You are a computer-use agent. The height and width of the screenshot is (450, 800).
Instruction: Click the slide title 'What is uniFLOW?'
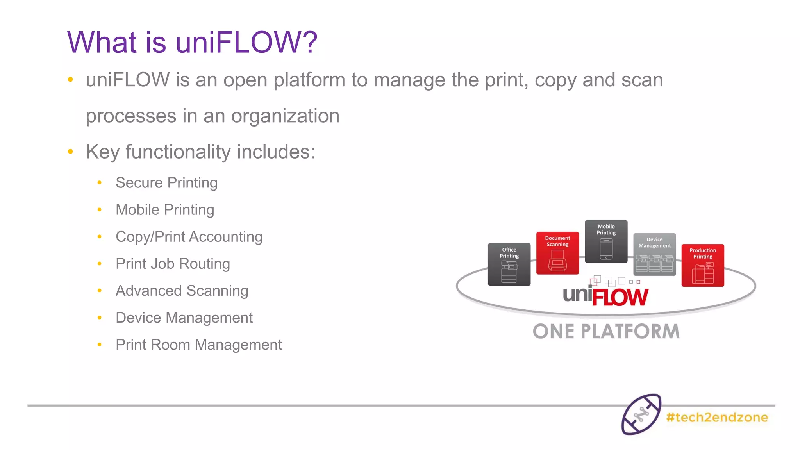pos(192,42)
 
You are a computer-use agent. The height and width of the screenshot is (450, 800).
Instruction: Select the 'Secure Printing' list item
pos(166,183)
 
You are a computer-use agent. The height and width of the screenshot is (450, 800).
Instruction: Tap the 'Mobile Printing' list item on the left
pos(165,210)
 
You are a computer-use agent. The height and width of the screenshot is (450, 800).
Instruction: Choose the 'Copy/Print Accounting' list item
pos(189,237)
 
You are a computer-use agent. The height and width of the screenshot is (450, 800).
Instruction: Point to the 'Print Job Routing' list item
pos(173,264)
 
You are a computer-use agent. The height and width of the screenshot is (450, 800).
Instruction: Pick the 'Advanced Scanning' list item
pos(182,291)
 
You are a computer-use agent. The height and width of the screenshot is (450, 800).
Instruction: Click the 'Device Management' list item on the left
pos(184,318)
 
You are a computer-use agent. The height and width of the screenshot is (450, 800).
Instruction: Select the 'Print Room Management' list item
pos(198,345)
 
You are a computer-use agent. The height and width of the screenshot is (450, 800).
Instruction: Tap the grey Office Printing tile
pos(509,264)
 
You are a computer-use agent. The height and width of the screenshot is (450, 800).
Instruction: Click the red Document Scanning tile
pos(557,253)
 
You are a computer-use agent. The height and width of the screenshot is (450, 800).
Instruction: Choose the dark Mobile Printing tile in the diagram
pos(606,241)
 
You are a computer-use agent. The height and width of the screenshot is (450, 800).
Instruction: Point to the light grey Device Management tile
pos(654,254)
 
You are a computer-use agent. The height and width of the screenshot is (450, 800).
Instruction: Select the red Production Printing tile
pos(703,265)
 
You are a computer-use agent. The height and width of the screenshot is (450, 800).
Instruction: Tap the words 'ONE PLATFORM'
pos(606,331)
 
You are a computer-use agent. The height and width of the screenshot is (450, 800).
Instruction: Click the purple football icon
pos(641,414)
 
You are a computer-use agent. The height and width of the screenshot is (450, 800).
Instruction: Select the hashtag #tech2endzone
pos(717,417)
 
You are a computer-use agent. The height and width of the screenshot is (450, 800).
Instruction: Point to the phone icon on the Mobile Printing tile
pos(606,249)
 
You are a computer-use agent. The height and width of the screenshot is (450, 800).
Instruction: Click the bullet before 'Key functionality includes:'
pos(70,152)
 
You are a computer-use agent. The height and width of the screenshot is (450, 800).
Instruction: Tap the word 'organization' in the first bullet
pos(285,116)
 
